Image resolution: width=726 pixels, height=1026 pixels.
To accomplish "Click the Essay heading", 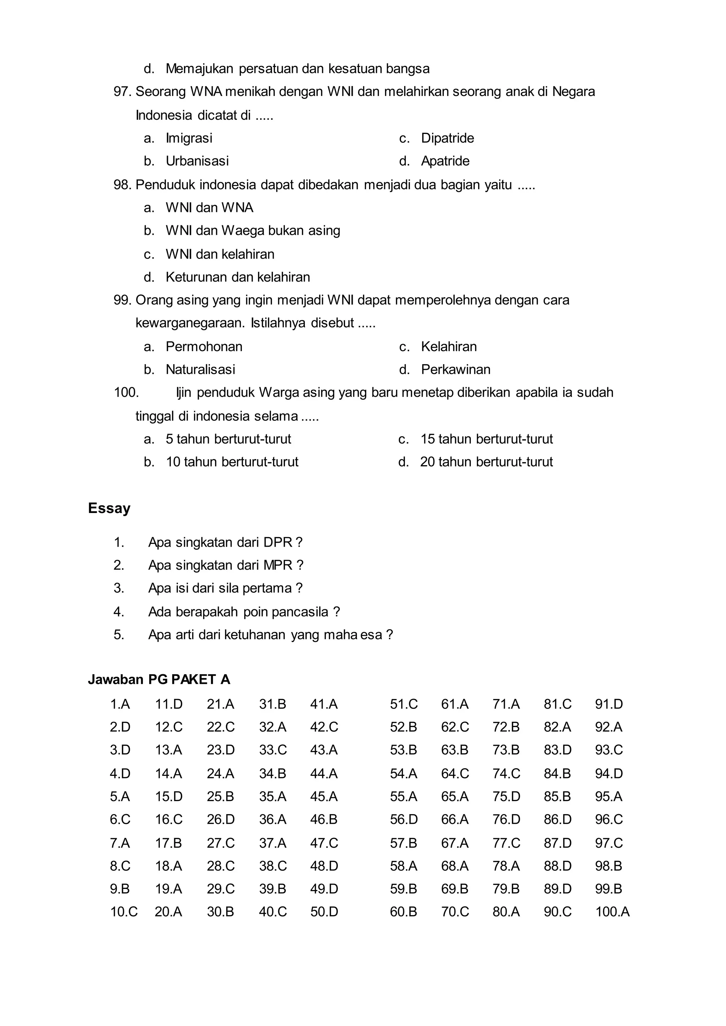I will point(109,508).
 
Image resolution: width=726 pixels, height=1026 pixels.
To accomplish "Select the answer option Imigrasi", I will point(189,138).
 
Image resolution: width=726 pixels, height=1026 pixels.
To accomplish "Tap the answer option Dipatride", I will point(447,138).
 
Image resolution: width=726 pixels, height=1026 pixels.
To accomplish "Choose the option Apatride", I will point(445,161).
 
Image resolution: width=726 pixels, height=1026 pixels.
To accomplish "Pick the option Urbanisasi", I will point(197,161).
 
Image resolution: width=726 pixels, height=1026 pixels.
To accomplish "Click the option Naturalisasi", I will point(200,370).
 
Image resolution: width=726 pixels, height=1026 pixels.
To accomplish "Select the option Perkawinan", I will point(456,370).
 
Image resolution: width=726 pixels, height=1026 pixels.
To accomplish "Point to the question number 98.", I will point(122,185).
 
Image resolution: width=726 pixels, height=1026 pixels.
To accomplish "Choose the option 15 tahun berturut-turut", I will point(486,439).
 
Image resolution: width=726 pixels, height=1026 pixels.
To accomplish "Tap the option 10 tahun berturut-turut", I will point(232,462).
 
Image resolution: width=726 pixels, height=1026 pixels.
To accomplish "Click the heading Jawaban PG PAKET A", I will point(159,680).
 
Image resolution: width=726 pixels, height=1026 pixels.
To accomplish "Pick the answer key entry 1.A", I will point(120,704).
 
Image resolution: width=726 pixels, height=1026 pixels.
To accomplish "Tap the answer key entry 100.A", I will point(612,912).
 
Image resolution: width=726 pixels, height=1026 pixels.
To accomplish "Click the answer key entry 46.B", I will point(324,819).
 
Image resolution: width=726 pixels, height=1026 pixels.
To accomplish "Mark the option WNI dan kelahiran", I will point(220,254).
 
